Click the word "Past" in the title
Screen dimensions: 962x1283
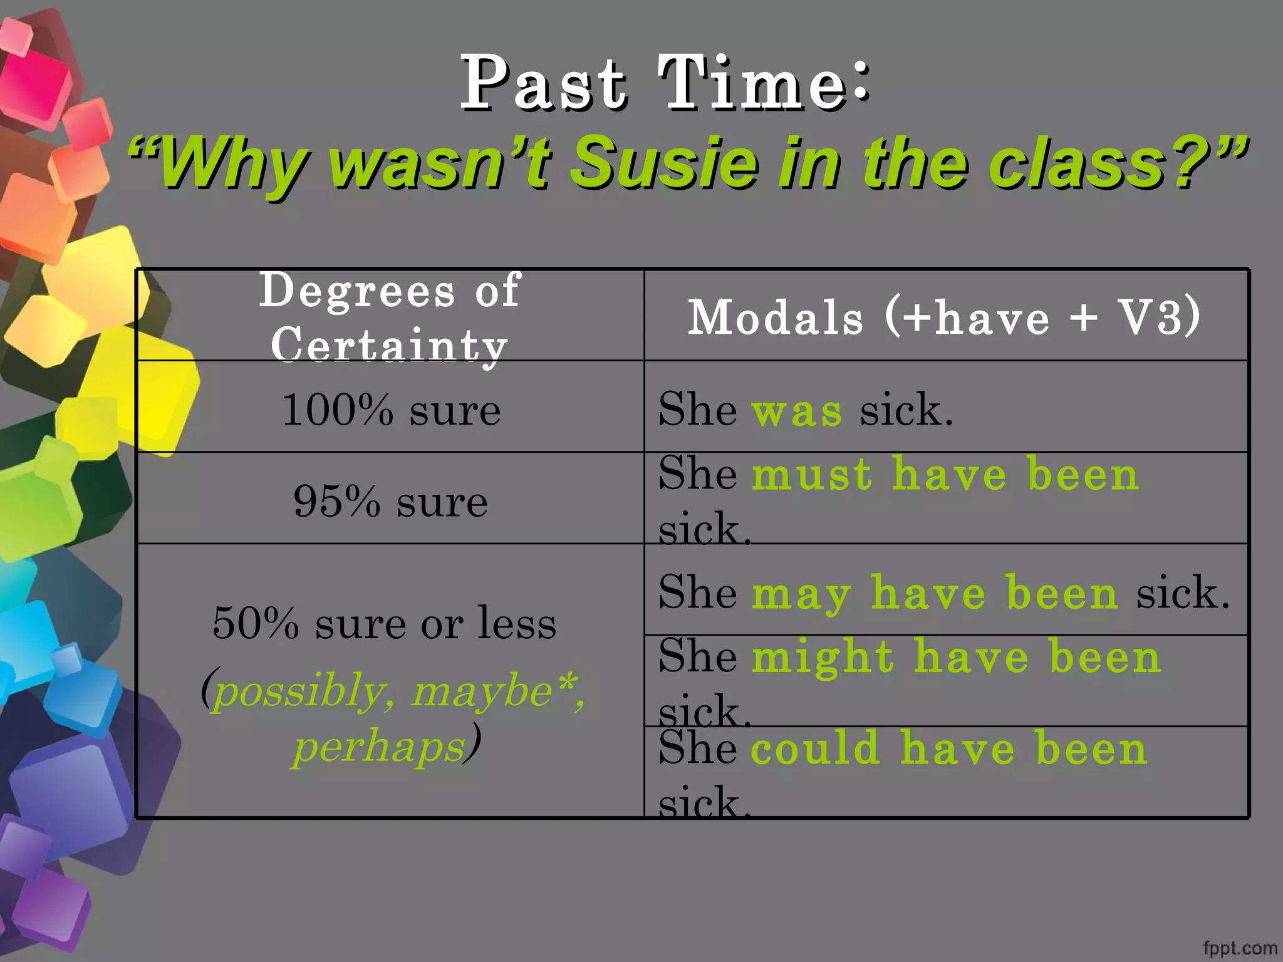pyautogui.click(x=543, y=83)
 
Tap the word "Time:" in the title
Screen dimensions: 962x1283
pyautogui.click(x=763, y=83)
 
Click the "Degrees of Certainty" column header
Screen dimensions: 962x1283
pyautogui.click(x=390, y=316)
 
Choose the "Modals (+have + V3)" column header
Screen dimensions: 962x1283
pyautogui.click(x=944, y=316)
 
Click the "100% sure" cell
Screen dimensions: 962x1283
pyautogui.click(x=392, y=410)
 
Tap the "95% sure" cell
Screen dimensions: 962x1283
pyautogui.click(x=390, y=502)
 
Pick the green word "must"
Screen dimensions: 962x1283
pyautogui.click(x=813, y=474)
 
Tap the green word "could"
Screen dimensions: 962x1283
pyautogui.click(x=816, y=748)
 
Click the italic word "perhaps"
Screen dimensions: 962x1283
pyautogui.click(x=380, y=747)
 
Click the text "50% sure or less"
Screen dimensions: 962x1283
pyautogui.click(x=384, y=624)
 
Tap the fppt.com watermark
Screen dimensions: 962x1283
pyautogui.click(x=1240, y=948)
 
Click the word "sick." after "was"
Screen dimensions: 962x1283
pyautogui.click(x=906, y=411)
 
